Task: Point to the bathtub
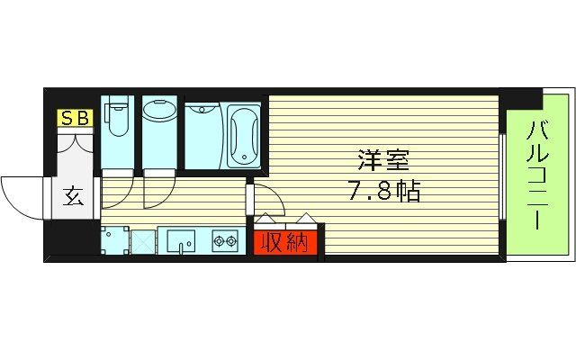(x=243, y=135)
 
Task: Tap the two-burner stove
(x=225, y=241)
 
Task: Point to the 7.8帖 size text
(x=384, y=192)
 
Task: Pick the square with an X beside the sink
(x=143, y=241)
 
